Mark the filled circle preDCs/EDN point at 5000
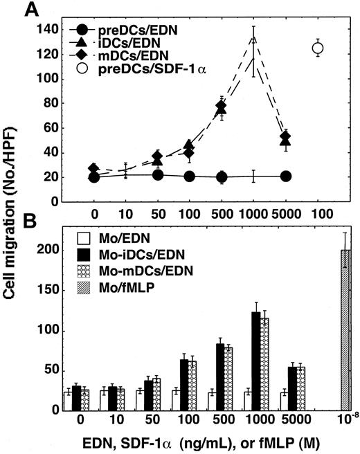pyautogui.click(x=285, y=176)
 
